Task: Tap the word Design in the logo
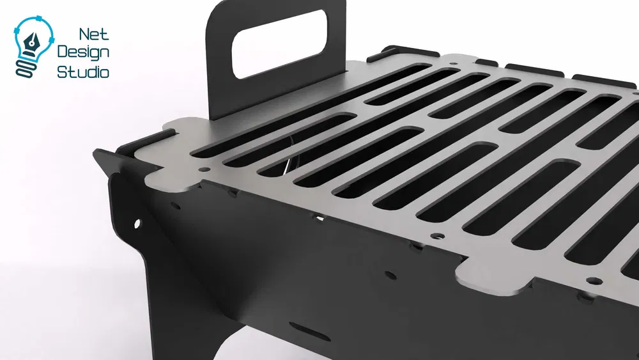point(84,52)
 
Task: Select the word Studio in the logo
point(83,72)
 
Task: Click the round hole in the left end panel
point(137,223)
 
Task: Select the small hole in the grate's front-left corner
point(203,169)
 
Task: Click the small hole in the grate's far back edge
point(453,64)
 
